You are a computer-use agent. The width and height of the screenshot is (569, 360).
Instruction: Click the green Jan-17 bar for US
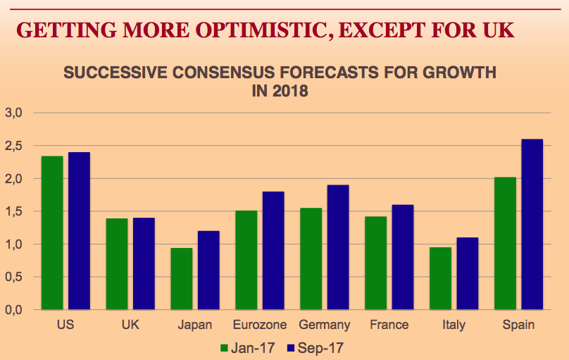pyautogui.click(x=51, y=232)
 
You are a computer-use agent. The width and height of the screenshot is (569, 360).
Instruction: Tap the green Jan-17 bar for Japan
pyautogui.click(x=181, y=278)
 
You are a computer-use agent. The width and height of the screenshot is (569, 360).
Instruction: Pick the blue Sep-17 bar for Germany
pyautogui.click(x=337, y=247)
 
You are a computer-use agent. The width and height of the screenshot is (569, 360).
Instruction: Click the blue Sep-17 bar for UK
pyautogui.click(x=144, y=263)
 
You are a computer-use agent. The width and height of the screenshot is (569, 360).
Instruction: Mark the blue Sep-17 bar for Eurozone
pyautogui.click(x=273, y=250)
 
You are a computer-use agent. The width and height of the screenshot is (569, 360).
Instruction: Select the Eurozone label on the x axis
pyautogui.click(x=260, y=325)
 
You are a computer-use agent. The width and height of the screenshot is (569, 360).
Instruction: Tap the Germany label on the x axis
pyautogui.click(x=325, y=325)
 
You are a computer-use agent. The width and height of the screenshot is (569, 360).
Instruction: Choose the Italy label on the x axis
pyautogui.click(x=454, y=325)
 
